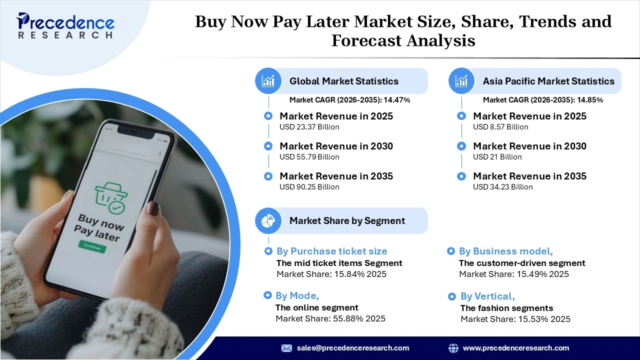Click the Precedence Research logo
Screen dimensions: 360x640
65,25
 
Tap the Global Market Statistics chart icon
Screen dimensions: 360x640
268,81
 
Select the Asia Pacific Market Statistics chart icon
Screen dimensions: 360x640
461,81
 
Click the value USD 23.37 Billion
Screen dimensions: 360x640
309,127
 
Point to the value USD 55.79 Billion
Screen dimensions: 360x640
309,157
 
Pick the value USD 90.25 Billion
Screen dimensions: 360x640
309,187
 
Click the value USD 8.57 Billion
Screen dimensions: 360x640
500,127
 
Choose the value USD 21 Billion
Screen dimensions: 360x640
497,157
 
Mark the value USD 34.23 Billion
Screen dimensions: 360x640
502,187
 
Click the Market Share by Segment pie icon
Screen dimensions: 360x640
268,220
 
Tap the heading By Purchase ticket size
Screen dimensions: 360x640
331,251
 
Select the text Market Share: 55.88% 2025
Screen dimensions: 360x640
330,318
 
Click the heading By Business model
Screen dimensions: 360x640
505,251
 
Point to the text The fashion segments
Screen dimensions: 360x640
506,308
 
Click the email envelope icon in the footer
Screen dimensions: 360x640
286,348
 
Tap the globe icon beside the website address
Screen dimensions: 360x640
453,348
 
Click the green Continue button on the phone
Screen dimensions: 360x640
92,246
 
